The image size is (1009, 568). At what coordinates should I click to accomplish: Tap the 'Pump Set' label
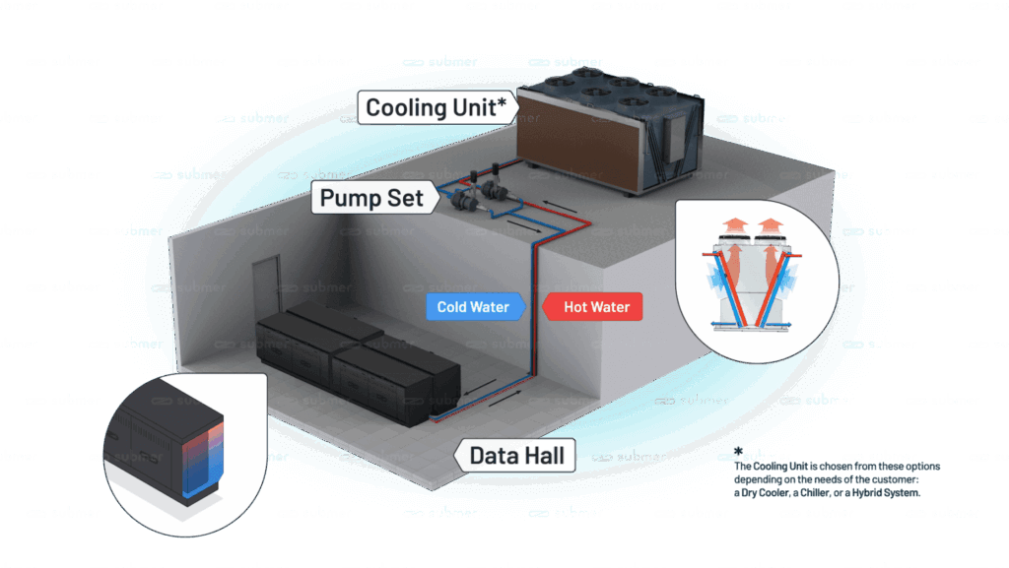pyautogui.click(x=371, y=198)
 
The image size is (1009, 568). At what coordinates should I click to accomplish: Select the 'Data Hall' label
pyautogui.click(x=516, y=455)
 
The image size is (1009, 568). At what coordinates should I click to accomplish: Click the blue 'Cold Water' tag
pyautogui.click(x=473, y=307)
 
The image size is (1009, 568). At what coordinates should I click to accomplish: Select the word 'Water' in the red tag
pyautogui.click(x=610, y=307)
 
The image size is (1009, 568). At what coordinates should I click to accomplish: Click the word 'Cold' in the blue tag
pyautogui.click(x=452, y=307)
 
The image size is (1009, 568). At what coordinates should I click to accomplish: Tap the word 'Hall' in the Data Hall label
pyautogui.click(x=546, y=455)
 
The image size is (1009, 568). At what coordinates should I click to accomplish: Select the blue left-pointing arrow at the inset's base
pyautogui.click(x=719, y=323)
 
